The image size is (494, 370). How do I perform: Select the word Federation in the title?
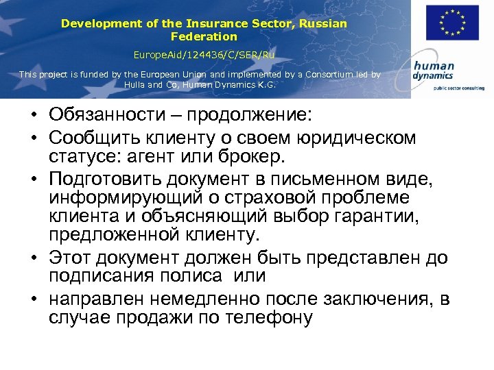pos(204,36)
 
